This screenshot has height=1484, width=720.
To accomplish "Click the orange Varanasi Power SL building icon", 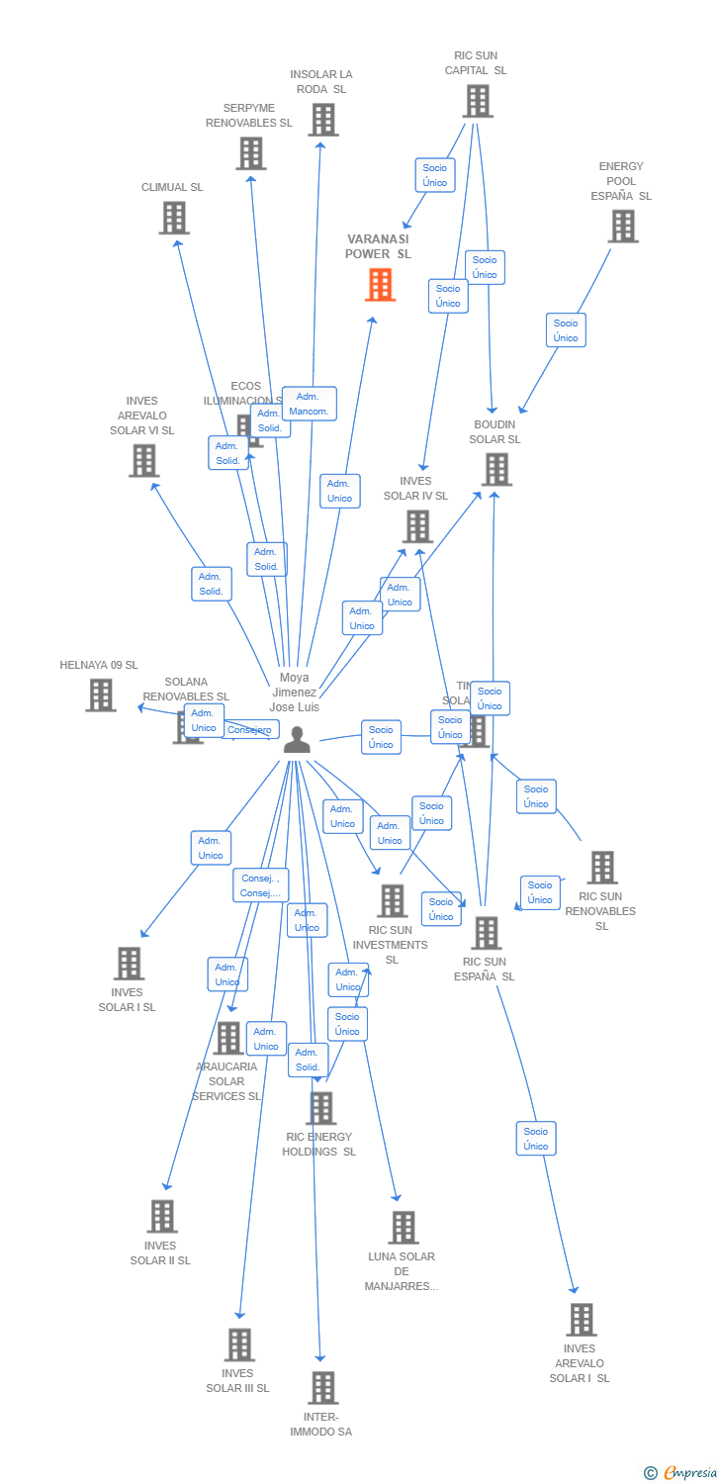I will tap(380, 285).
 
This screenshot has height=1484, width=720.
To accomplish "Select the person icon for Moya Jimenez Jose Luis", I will tap(297, 740).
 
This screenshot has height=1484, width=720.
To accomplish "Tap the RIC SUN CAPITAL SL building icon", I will tap(478, 101).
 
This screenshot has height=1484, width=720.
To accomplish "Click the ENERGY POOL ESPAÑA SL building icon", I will tap(622, 227).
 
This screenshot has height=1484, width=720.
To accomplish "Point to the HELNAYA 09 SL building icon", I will tap(100, 696).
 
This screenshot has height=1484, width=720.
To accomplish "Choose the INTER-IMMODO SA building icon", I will tap(322, 1388).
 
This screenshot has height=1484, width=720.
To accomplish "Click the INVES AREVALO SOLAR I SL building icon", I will tap(581, 1320).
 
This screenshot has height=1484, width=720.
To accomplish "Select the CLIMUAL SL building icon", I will tap(173, 218).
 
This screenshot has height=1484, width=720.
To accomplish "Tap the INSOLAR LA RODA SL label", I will tap(321, 81).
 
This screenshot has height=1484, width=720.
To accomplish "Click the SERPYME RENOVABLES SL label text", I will tap(249, 115).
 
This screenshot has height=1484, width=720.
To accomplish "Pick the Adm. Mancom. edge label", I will tap(309, 404).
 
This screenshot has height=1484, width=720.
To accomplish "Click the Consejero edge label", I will tap(248, 730).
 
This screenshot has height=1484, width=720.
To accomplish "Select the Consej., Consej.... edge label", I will tap(261, 885).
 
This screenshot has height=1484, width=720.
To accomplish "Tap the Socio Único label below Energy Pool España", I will tap(566, 330).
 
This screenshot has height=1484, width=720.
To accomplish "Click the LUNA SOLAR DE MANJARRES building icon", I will tap(403, 1228).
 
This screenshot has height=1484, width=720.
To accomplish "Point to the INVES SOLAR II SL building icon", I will tap(161, 1217).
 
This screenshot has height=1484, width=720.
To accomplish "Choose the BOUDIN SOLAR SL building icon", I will tap(495, 470).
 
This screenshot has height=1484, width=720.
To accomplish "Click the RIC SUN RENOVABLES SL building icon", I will tap(601, 868).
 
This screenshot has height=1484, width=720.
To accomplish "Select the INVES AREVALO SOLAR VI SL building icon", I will tap(143, 460).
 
